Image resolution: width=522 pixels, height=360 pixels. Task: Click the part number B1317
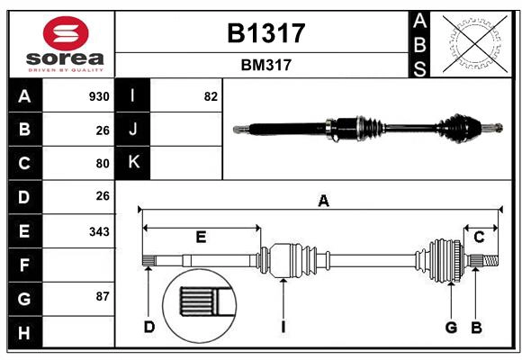pos(265,33)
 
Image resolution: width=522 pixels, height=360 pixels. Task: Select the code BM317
pos(265,65)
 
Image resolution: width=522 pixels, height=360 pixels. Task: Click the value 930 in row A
pos(99,96)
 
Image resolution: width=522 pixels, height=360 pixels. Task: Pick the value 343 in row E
pos(99,231)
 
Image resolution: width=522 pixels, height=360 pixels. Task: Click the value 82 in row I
pos(211,96)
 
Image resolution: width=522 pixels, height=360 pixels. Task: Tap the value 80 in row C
pos(102,164)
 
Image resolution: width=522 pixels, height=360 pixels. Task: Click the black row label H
pos(24,334)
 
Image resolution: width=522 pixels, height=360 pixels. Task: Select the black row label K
pos(133,163)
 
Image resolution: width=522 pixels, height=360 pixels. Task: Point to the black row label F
pos(24,265)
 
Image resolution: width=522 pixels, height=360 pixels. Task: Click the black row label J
pos(133,130)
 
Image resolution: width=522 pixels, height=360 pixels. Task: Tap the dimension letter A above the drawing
pos(323,202)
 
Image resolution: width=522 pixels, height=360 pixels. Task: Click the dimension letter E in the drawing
pos(201,238)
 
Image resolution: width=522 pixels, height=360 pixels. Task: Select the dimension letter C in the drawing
pos(480,237)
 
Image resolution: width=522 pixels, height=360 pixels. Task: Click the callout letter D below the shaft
pos(149,327)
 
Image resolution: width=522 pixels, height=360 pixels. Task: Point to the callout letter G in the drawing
pos(451,327)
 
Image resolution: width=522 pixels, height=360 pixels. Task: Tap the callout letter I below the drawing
pos(283,327)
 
